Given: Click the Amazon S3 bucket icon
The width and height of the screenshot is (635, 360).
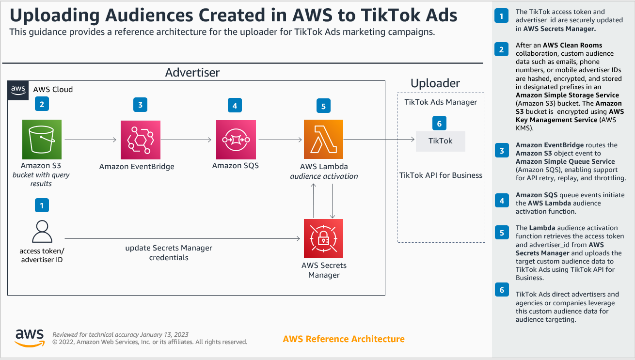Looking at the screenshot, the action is coord(42,139).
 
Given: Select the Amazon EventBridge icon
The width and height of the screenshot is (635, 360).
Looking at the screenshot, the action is coord(140,140).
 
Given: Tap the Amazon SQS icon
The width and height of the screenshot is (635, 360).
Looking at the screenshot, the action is coord(236,140).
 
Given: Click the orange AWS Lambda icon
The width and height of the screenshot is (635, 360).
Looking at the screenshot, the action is coord(323,139).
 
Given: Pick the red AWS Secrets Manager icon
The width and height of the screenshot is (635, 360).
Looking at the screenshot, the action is coord(323,238).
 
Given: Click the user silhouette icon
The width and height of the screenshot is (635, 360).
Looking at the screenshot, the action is coord(42,231).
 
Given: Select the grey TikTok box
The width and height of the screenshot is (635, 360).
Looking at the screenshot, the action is coord(440,141).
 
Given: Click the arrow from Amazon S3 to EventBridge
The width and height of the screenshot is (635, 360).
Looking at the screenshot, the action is coord(91,140).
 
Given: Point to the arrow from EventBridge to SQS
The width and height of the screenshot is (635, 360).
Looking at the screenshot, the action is coord(186,140).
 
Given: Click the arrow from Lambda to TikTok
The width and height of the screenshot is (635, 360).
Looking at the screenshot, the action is coord(379,139).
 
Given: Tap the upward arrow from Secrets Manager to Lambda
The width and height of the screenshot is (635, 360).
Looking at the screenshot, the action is coord(313,201).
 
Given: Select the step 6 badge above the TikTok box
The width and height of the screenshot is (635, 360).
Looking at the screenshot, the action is coord(439,123).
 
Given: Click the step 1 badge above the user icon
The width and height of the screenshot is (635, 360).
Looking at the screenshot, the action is coord(42,205).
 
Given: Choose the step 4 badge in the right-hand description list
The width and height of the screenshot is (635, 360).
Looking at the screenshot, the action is coord(502,201).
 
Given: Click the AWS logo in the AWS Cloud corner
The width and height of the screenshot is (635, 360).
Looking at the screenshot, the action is coord(18,90).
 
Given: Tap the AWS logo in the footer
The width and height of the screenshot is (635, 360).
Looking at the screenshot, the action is coord(30,338).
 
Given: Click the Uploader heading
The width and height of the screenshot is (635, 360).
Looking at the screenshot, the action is coord(435,83).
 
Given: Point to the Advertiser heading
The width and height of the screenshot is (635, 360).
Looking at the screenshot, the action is coord(192,73).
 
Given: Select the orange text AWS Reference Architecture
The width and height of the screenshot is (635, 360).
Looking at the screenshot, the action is coord(344,339).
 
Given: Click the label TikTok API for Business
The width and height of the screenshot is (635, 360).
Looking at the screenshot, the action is coord(441,175).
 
